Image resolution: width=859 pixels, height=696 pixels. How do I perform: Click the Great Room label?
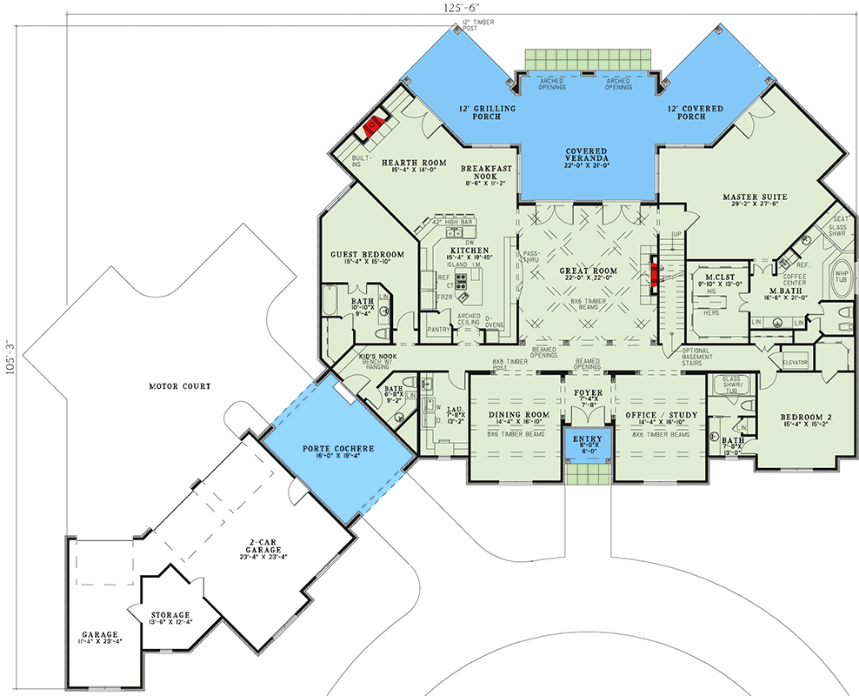(588, 271)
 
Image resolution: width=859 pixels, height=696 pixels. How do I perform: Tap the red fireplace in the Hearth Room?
(375, 125)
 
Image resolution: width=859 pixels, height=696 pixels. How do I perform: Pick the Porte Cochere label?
(338, 449)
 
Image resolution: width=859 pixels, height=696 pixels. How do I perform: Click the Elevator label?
(795, 362)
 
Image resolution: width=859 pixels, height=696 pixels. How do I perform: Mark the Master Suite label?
(755, 197)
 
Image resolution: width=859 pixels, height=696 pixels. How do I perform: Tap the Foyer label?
(587, 392)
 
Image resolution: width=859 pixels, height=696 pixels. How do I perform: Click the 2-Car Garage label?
(266, 547)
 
